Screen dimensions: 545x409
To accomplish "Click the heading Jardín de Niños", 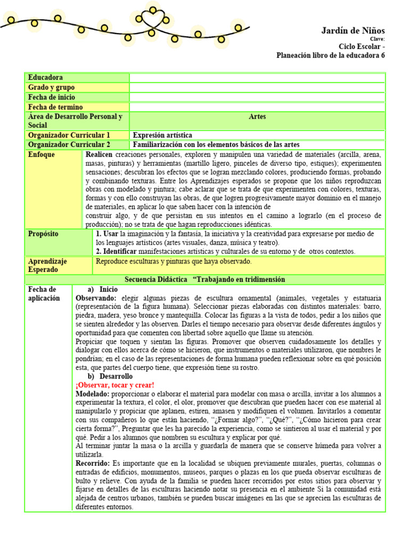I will [x=353, y=30].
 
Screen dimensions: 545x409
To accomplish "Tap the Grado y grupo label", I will [x=51, y=87].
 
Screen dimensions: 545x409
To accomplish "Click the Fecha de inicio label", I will [x=52, y=97].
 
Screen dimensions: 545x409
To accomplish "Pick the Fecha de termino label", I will [x=54, y=107].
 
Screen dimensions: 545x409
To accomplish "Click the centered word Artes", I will [x=257, y=117].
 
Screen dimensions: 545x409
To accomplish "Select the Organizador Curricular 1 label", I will [x=69, y=135].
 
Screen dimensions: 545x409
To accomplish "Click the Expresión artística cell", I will [x=162, y=135].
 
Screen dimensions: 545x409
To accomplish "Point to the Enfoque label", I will [x=42, y=155].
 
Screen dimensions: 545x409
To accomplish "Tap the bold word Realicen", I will [x=99, y=154].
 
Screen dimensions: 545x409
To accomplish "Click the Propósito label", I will [x=43, y=234].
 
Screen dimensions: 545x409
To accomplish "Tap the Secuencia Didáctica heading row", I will [x=204, y=279].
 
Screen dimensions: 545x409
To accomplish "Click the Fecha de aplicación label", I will [x=44, y=294].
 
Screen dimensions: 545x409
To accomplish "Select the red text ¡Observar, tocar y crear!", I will [x=115, y=385].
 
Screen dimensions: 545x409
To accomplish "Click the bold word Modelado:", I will [x=93, y=393].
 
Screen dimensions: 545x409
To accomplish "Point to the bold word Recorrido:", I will [x=93, y=464].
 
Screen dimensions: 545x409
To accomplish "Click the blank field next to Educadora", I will [x=257, y=78].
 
